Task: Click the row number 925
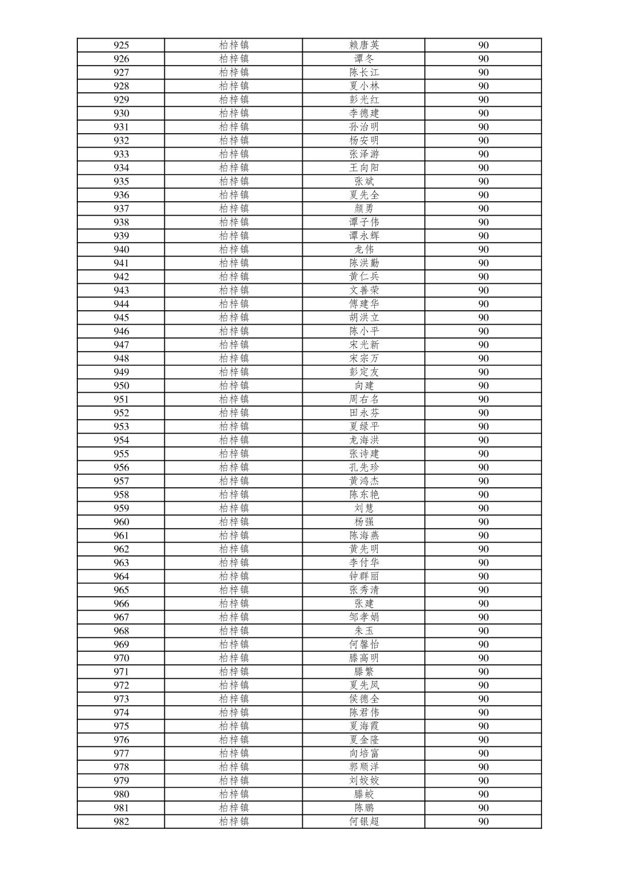click(x=121, y=46)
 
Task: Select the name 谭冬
click(x=364, y=59)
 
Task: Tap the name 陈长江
click(x=364, y=73)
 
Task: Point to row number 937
click(x=121, y=209)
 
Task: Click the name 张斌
click(x=364, y=182)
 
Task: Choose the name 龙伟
click(x=364, y=250)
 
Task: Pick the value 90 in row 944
click(x=483, y=304)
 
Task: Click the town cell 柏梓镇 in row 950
click(x=234, y=386)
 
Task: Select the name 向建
click(x=364, y=386)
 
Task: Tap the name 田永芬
click(x=364, y=413)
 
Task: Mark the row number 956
click(x=121, y=468)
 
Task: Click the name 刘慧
click(x=364, y=509)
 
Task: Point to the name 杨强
click(x=364, y=522)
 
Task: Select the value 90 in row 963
click(x=483, y=563)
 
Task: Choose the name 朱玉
click(x=364, y=631)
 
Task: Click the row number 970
click(x=121, y=658)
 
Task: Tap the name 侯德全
click(x=364, y=699)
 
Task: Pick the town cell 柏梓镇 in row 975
click(x=234, y=726)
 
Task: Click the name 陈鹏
click(x=364, y=808)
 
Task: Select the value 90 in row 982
click(x=483, y=822)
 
